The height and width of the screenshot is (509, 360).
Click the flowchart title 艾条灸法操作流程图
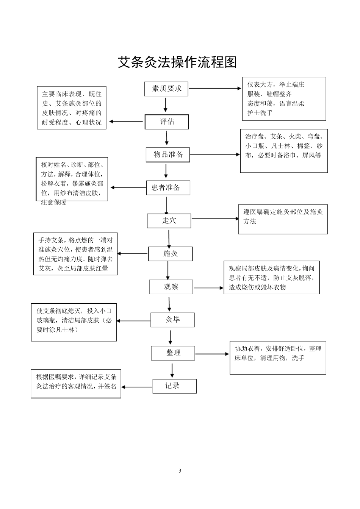pos(177,62)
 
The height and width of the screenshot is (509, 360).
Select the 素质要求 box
pos(166,89)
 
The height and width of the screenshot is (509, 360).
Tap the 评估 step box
pos(167,122)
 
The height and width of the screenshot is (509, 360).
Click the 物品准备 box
pos(168,155)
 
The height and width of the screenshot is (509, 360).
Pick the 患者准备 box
pos(168,187)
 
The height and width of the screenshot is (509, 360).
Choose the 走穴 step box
pos(169,221)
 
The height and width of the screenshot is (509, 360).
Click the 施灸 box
pos(170,254)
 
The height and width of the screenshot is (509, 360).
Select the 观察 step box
pos(171,287)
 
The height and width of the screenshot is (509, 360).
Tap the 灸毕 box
pos(172,320)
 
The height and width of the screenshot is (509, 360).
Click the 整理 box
pos(173,353)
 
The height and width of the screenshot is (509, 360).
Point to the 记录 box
pos(174,386)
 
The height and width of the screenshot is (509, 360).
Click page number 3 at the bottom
pos(180,471)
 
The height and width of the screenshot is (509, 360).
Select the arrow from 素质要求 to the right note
pos(215,89)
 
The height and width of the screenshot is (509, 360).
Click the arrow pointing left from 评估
pos(126,122)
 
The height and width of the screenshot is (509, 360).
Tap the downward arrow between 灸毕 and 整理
pos(171,337)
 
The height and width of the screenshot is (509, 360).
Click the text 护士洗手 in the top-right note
pos(260,113)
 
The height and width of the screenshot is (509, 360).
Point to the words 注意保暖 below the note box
pos(53,203)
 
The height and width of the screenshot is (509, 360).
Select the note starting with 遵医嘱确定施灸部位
pos(283,220)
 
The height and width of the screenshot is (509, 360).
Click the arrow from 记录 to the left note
pos(137,387)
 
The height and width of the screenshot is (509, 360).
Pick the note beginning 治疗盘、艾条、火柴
pos(284,151)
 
